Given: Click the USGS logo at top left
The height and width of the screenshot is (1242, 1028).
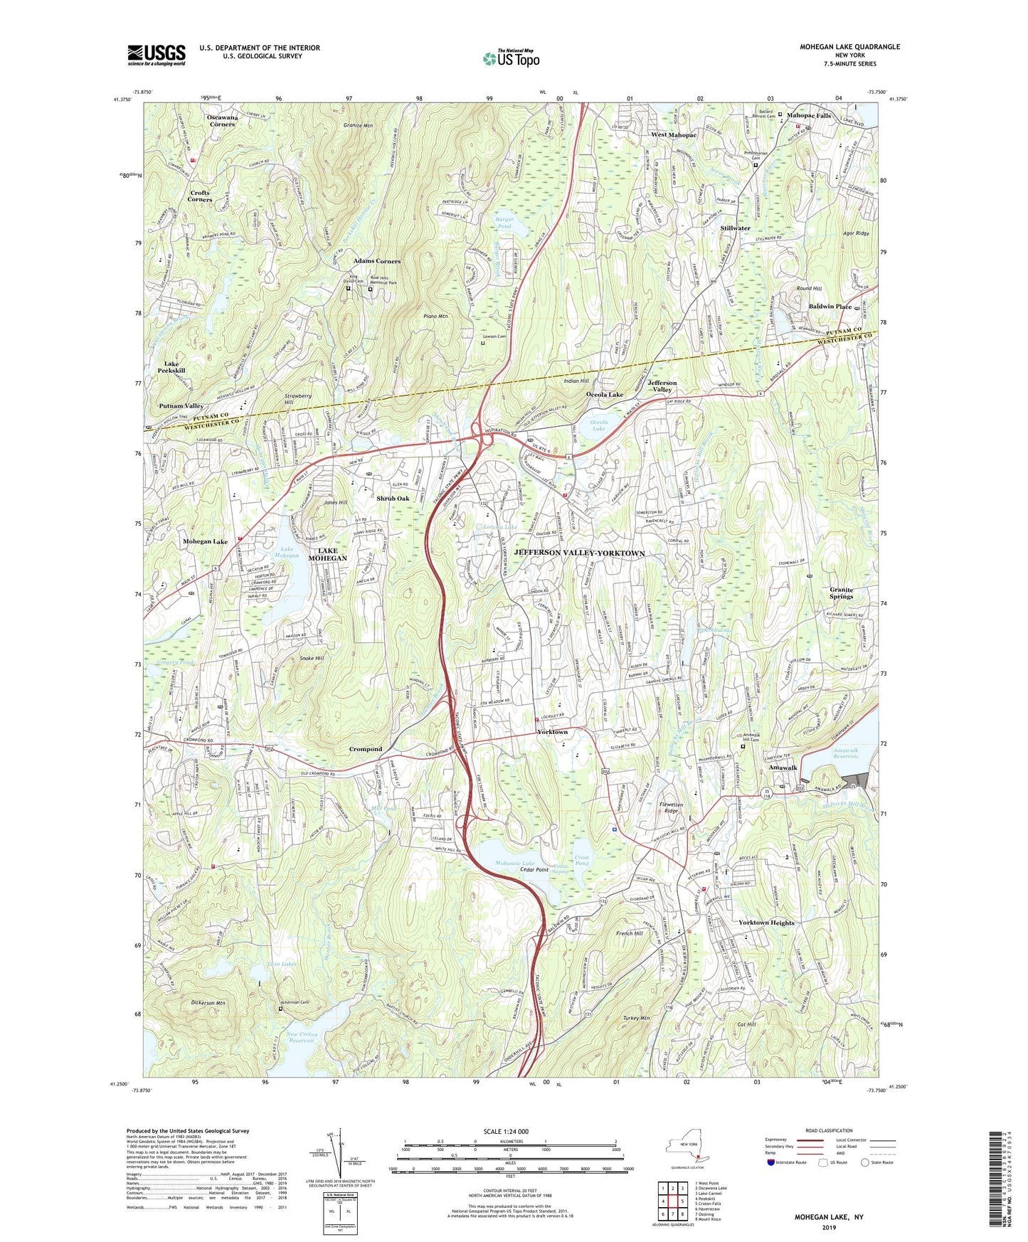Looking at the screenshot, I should pyautogui.click(x=157, y=54).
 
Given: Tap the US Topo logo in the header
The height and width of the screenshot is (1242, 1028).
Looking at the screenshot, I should pyautogui.click(x=510, y=58).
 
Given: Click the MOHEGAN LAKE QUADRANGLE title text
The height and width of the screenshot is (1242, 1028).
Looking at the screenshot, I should pyautogui.click(x=849, y=47).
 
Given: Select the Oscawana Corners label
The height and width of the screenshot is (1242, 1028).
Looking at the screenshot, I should pyautogui.click(x=222, y=120).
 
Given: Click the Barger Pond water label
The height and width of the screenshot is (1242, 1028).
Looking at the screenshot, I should pyautogui.click(x=505, y=223).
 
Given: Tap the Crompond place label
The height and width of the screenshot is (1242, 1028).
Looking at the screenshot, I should pyautogui.click(x=366, y=749).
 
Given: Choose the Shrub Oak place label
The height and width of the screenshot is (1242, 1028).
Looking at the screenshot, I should pyautogui.click(x=393, y=499).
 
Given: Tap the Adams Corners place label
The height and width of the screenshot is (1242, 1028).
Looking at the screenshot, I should pyautogui.click(x=377, y=261).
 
